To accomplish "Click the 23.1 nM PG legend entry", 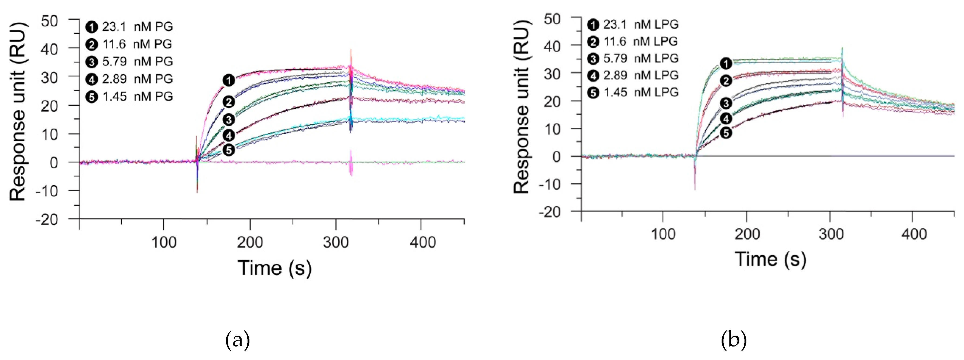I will pos(129,27).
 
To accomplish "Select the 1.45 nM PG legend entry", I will pos(129,97).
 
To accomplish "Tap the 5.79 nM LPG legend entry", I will pos(632,58).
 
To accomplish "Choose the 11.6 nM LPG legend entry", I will pos(632,41).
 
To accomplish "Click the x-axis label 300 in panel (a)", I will pos(336,242).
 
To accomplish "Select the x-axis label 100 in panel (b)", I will pos(663,234).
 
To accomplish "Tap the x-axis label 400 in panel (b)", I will pos(914,234).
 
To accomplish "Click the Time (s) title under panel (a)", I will pos(274,268).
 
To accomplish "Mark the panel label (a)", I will pos(237,340).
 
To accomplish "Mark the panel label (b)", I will pos(733,340).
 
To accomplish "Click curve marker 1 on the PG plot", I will pos(229,80).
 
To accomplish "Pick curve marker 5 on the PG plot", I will pos(229,150).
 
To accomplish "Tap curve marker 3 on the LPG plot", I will pos(726,103).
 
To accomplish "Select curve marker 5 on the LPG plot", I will pos(726,133).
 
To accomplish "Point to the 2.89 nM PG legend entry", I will pos(129,79).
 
